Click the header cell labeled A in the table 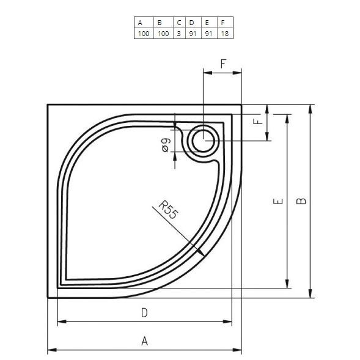144,22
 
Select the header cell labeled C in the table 179,22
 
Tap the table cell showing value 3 179,33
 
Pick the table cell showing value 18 226,33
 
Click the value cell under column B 163,33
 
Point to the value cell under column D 193,33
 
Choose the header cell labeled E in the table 209,22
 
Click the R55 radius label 168,210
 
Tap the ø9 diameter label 166,145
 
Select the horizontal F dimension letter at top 223,64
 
